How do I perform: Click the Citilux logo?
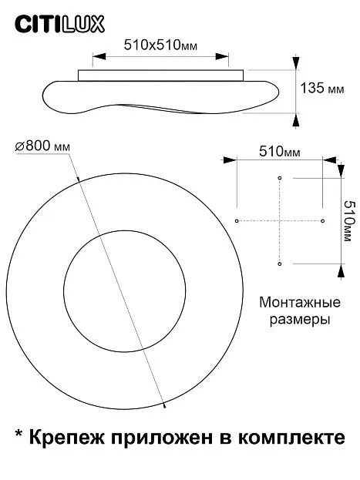[60, 25]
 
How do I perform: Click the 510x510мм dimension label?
[160, 45]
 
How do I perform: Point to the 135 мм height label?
[322, 88]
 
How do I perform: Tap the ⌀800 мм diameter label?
[42, 146]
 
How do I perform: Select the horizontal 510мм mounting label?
[280, 152]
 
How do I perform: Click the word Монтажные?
[300, 303]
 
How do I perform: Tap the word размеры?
[300, 320]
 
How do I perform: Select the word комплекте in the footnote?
[291, 438]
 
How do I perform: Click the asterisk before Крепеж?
[19, 435]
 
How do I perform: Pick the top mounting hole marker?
[279, 178]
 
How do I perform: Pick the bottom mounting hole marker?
[279, 263]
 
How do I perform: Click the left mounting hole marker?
[237, 220]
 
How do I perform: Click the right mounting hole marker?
[322, 220]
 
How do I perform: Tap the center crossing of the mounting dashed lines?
[279, 220]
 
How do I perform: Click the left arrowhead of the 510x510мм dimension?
[99, 56]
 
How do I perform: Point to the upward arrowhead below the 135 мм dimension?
[296, 119]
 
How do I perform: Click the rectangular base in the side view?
[161, 76]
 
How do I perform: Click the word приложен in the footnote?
[162, 438]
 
